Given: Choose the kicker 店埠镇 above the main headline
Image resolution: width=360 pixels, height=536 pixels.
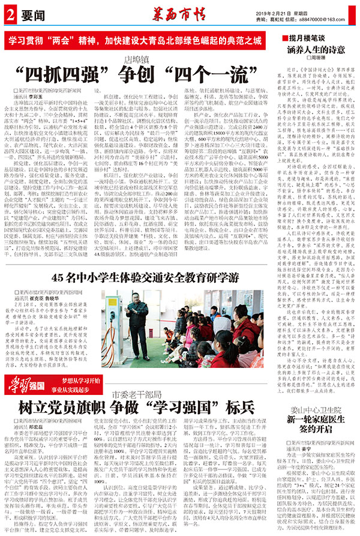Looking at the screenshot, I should click(136, 59).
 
